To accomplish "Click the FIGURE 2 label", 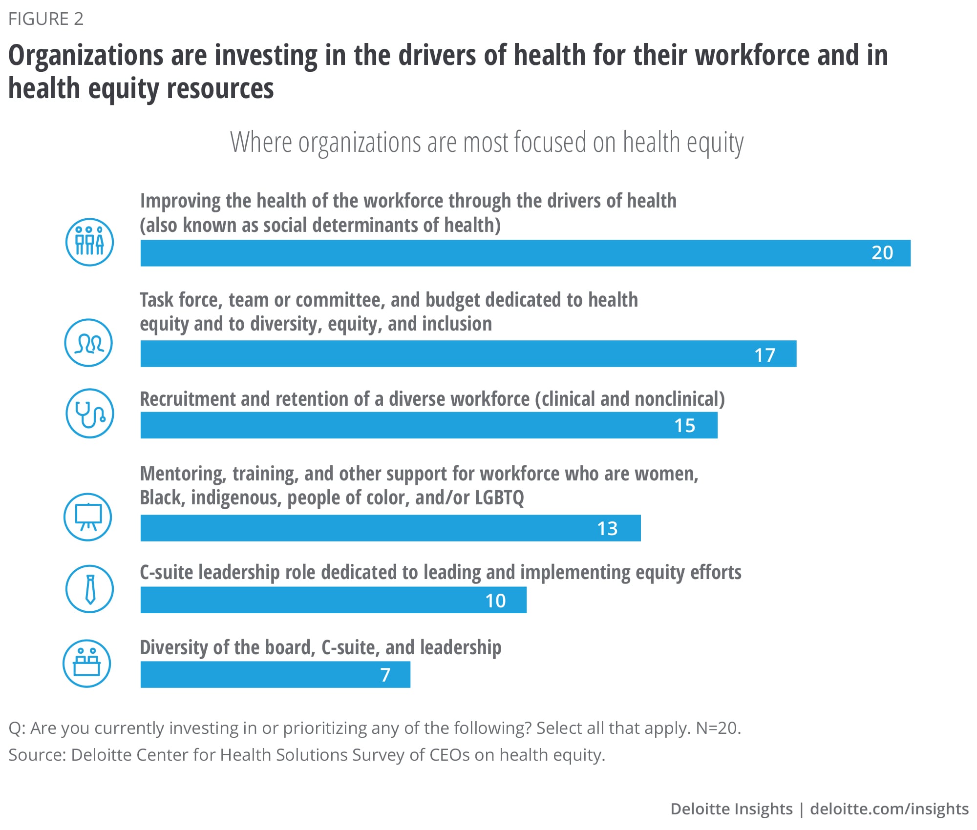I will click(x=46, y=19).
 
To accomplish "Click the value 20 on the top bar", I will click(x=882, y=253).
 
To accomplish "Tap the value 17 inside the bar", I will click(x=765, y=355).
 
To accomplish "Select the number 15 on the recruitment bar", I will click(x=684, y=426).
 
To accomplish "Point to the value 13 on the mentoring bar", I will click(x=607, y=528).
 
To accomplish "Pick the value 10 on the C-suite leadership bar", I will click(x=495, y=601).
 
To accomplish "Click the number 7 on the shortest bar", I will click(x=385, y=675).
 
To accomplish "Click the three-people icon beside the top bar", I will click(x=90, y=242).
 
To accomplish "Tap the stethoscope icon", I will click(x=90, y=414).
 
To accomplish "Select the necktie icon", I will click(x=90, y=589).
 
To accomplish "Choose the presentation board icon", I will click(x=88, y=517).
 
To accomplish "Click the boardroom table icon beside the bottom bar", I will click(x=87, y=664).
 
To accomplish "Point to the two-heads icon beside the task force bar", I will click(x=89, y=343).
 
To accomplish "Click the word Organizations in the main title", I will click(x=85, y=55).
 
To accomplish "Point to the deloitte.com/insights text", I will click(x=889, y=809).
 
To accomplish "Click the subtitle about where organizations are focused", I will click(x=487, y=142).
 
